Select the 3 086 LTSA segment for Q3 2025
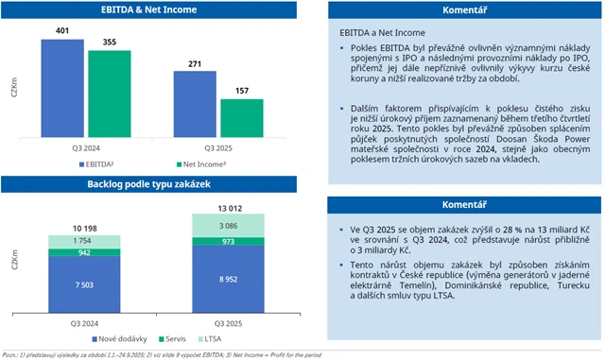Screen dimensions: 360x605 (216, 226)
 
